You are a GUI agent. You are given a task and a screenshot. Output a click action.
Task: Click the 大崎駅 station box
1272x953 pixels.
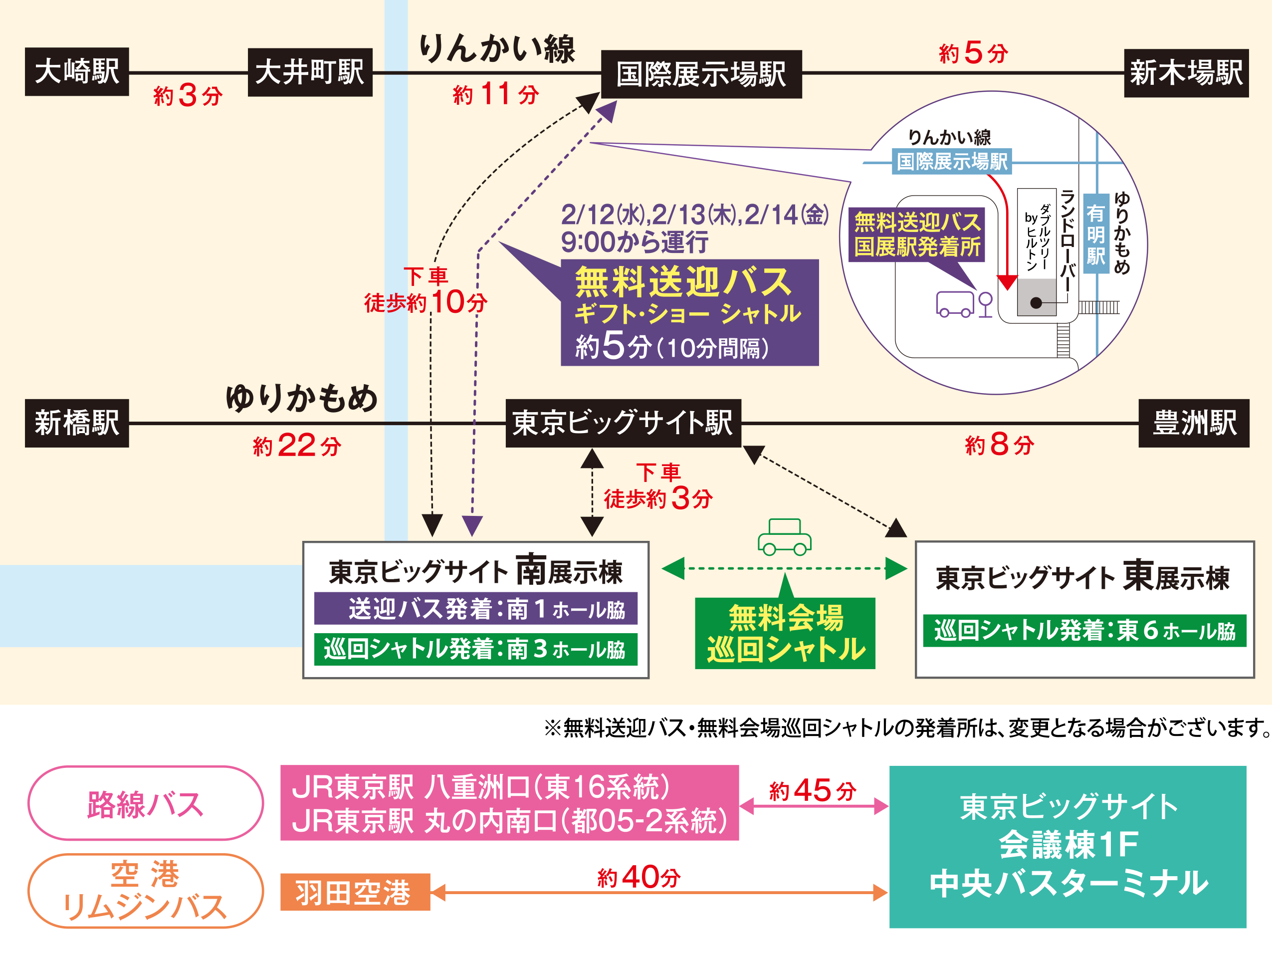(x=76, y=72)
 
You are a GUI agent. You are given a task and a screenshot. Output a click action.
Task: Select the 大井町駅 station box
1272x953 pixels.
(x=310, y=72)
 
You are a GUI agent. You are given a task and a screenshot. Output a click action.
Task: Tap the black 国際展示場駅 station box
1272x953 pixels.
(x=701, y=74)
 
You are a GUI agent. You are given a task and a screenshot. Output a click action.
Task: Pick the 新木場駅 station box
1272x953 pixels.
(x=1186, y=73)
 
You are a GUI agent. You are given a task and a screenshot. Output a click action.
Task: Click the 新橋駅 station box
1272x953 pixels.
(x=76, y=423)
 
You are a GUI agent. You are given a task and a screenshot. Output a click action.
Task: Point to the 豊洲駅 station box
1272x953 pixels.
(x=1194, y=423)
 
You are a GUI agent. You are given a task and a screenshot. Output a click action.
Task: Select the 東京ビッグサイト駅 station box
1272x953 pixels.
(x=623, y=423)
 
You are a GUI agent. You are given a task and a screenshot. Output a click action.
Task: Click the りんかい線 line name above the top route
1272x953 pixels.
(x=497, y=48)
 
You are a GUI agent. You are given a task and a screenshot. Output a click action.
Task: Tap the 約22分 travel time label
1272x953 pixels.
(x=297, y=446)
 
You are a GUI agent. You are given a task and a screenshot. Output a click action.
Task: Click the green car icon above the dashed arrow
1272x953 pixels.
(x=784, y=537)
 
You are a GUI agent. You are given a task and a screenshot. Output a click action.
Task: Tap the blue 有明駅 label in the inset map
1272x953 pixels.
(x=1095, y=234)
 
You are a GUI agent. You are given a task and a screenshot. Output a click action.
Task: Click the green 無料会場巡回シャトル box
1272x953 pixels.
(x=785, y=633)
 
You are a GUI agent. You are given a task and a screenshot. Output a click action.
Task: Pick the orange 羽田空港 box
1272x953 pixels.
(x=355, y=892)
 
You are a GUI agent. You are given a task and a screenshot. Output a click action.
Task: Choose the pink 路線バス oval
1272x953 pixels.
(x=146, y=803)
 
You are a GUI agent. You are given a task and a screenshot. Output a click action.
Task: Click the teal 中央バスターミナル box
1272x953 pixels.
(x=1068, y=847)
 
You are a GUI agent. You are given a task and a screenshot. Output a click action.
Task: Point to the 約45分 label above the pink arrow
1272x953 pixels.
(x=813, y=790)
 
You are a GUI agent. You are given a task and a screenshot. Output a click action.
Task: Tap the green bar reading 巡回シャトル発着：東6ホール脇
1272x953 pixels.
(x=1084, y=630)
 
